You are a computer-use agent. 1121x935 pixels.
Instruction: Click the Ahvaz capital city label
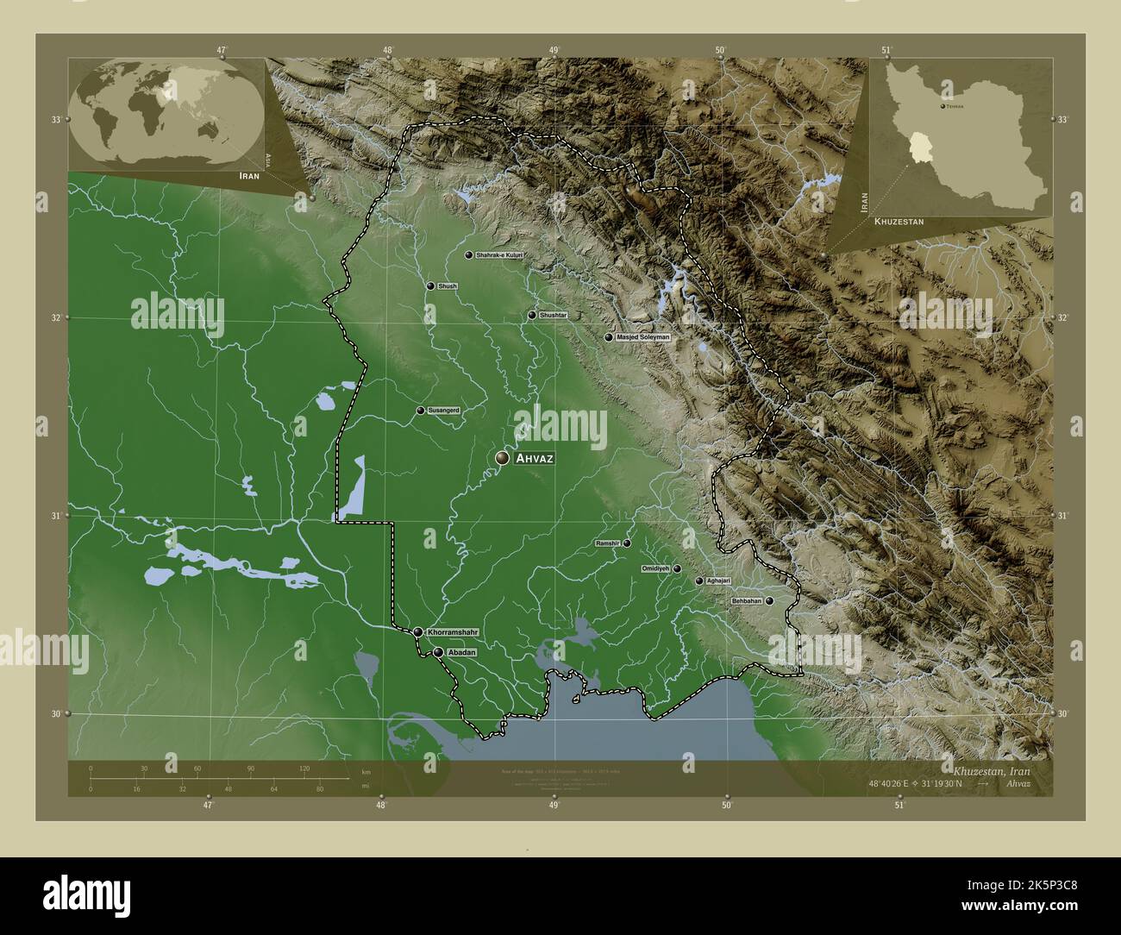534,459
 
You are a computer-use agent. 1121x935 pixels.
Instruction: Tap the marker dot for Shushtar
532,315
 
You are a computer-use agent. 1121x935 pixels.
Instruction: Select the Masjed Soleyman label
642,337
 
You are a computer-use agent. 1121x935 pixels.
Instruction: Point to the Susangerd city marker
420,411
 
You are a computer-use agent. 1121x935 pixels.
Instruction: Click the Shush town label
448,286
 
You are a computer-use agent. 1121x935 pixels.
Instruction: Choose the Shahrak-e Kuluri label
500,256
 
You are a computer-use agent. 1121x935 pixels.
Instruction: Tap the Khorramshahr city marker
418,632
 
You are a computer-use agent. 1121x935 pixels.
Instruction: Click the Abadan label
462,653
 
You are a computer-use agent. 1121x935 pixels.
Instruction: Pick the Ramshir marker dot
627,543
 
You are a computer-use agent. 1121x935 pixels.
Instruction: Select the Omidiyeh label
656,569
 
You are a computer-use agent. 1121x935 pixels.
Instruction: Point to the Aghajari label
718,581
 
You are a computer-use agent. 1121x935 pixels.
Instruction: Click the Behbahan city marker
768,601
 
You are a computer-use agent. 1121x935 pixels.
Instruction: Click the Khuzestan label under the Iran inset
899,222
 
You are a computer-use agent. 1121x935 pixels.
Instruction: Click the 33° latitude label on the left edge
55,120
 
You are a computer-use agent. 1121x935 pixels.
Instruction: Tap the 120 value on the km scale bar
304,768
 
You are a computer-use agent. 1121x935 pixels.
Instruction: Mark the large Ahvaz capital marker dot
502,459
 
